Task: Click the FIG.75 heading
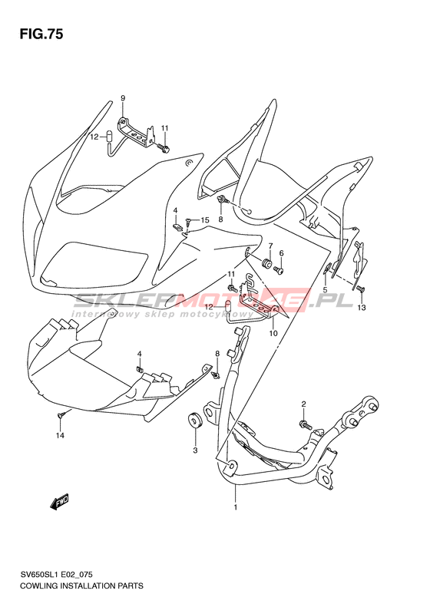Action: pos(41,34)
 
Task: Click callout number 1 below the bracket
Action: pos(235,506)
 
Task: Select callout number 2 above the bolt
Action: pos(304,404)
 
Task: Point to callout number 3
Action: pos(195,450)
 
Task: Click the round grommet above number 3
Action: pos(195,421)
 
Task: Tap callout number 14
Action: pos(60,436)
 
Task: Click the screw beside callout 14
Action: pos(61,415)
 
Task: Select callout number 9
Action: pos(123,98)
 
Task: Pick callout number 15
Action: pos(204,220)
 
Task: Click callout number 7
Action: pos(271,246)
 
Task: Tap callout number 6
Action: pos(281,253)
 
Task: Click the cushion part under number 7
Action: pos(266,263)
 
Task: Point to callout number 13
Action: pos(362,308)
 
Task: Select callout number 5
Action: pos(325,289)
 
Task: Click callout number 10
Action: pos(273,333)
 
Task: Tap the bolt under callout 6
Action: pos(279,269)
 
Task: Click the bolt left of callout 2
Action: pos(306,425)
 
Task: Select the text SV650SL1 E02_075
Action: pos(56,575)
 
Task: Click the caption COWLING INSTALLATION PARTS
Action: pos(81,586)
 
